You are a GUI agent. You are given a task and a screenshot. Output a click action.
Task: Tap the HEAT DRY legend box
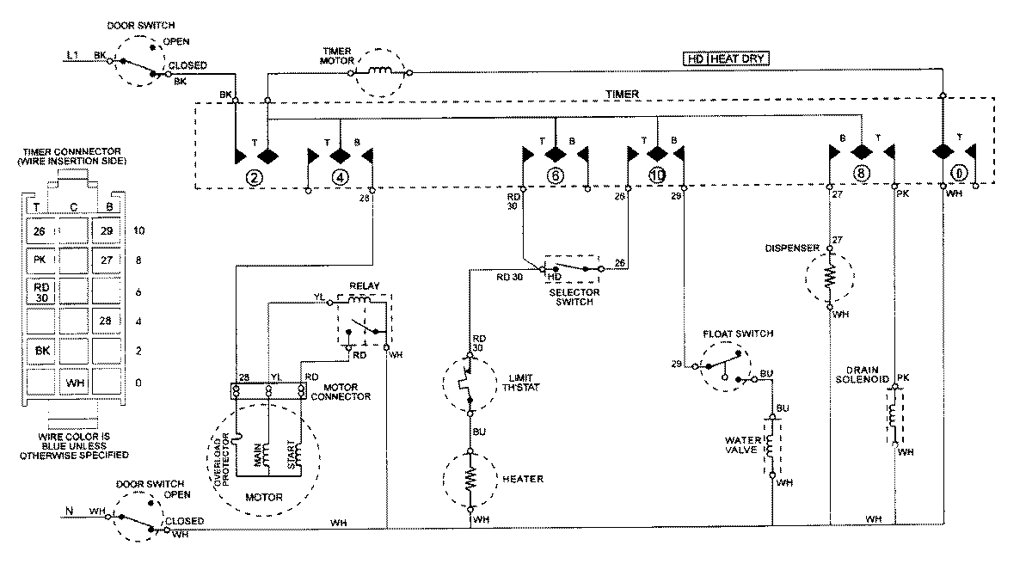(725, 59)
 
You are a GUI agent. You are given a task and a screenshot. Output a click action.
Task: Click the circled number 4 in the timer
(341, 179)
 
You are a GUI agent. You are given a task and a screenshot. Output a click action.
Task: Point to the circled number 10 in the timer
(659, 176)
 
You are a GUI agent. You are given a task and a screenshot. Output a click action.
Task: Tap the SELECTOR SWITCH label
(573, 297)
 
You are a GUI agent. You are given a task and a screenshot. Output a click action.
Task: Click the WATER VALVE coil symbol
(771, 445)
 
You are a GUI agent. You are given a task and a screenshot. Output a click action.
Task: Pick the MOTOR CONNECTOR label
(351, 391)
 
